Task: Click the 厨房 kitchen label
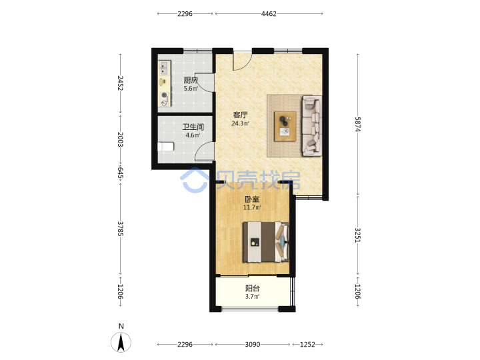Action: pyautogui.click(x=191, y=80)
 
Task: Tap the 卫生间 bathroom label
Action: pyautogui.click(x=193, y=127)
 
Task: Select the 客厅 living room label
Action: pyautogui.click(x=240, y=115)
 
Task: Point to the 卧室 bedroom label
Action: pyautogui.click(x=252, y=199)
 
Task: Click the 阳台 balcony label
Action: pyautogui.click(x=253, y=288)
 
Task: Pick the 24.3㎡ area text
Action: pyautogui.click(x=240, y=123)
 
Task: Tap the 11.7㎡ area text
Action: pyautogui.click(x=252, y=207)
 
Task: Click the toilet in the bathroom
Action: pyautogui.click(x=165, y=147)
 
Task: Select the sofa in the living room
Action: pyautogui.click(x=312, y=126)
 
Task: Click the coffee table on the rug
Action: pyautogui.click(x=285, y=126)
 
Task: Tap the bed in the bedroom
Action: pyautogui.click(x=266, y=242)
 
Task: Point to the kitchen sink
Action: pyautogui.click(x=164, y=68)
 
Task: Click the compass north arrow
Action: pyautogui.click(x=121, y=342)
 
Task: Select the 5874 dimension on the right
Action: pyautogui.click(x=357, y=124)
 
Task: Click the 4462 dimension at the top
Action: pyautogui.click(x=269, y=14)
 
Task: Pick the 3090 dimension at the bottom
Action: pyautogui.click(x=253, y=345)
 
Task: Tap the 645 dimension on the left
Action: pyautogui.click(x=120, y=173)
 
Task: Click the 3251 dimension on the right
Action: pyautogui.click(x=357, y=235)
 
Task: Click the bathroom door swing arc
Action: pyautogui.click(x=199, y=147)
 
